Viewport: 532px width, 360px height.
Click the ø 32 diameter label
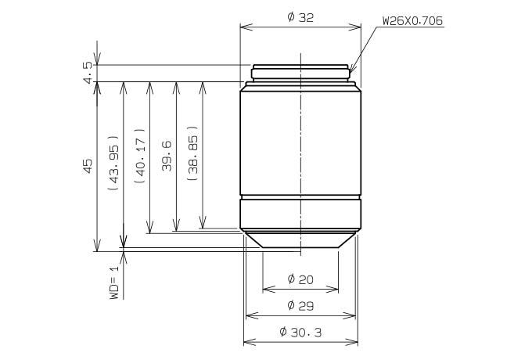point(300,17)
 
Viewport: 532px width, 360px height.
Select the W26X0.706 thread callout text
point(412,20)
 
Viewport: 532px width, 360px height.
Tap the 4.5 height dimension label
point(88,72)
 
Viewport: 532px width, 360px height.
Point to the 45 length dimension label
point(88,166)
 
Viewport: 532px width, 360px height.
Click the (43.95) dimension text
point(113,163)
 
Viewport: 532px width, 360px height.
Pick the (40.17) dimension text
point(140,156)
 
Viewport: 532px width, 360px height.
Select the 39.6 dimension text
point(167,156)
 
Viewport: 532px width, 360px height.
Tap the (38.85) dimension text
point(192,153)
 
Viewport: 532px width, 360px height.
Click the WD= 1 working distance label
point(115,282)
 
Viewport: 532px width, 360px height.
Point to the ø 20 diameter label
point(300,279)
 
